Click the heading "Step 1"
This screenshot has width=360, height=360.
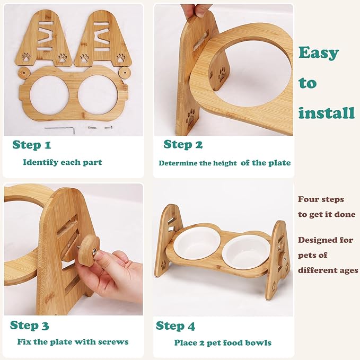[x=32, y=145]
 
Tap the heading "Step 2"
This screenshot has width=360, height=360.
[x=183, y=144]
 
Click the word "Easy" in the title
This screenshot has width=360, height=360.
[x=318, y=52]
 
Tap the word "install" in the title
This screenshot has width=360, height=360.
[x=326, y=113]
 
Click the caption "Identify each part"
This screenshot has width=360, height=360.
[x=63, y=162]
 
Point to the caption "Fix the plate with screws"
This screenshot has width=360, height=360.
[x=73, y=342]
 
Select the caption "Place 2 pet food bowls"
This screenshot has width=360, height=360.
[x=223, y=343]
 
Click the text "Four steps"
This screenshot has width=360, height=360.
[x=321, y=199]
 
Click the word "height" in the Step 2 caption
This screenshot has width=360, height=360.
[x=225, y=163]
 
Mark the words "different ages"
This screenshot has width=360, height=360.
[x=328, y=270]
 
